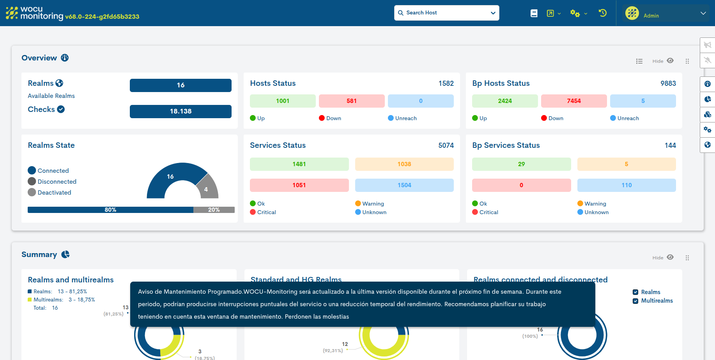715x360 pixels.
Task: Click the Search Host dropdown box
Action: point(446,13)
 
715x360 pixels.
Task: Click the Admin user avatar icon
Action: point(632,13)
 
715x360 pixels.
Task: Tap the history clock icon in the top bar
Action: point(603,13)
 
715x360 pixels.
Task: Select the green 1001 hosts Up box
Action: point(283,101)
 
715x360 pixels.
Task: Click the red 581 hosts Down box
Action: point(352,101)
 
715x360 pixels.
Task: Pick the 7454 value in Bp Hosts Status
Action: point(574,101)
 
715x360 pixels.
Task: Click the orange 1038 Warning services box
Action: point(404,164)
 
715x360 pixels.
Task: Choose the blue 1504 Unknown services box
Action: point(404,185)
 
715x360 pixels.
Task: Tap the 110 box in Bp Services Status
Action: point(627,185)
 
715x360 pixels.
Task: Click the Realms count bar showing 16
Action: point(181,85)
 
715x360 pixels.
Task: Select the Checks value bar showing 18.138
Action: point(181,112)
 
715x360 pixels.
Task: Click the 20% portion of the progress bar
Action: point(214,210)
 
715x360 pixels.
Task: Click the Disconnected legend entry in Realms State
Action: point(57,182)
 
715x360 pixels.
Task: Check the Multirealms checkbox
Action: point(635,301)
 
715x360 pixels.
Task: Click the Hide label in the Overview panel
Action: point(658,61)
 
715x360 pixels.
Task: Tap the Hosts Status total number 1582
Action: point(446,83)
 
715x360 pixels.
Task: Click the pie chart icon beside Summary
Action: point(65,254)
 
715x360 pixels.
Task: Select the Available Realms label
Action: point(51,96)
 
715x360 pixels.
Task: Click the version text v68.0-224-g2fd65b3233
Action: point(102,17)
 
